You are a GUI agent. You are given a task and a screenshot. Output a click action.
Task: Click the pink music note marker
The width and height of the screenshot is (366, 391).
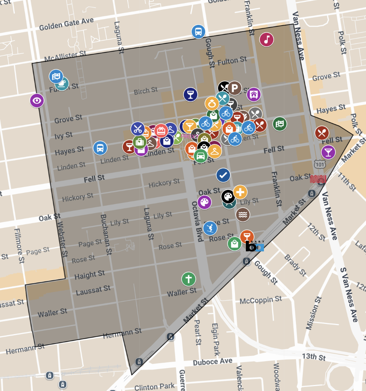267,39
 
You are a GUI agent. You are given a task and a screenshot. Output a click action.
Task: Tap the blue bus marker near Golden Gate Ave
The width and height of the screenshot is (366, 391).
198,32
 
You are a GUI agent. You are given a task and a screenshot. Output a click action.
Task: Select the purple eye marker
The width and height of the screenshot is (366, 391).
37,101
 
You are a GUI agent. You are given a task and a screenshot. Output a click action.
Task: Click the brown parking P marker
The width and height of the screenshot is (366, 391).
235,88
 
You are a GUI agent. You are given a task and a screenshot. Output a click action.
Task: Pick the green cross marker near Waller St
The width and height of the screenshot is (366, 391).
189,279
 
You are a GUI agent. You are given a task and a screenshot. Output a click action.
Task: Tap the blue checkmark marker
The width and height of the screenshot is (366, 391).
223,175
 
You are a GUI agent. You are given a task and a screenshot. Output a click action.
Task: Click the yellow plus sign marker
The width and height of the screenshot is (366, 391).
240,192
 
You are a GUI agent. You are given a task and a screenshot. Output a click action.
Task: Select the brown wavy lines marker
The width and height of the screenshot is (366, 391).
243,214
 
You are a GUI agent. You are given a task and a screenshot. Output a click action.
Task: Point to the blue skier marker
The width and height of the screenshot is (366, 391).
210,228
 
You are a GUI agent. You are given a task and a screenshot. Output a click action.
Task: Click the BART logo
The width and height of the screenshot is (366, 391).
255,246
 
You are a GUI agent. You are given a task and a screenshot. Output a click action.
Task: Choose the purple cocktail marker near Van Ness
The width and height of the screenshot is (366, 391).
328,152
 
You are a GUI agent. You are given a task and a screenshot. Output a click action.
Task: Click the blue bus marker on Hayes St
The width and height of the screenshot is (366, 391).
100,148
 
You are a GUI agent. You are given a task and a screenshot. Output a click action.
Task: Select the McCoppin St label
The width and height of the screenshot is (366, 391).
261,300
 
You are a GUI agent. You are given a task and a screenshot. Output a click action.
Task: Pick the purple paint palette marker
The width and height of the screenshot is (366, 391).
204,202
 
